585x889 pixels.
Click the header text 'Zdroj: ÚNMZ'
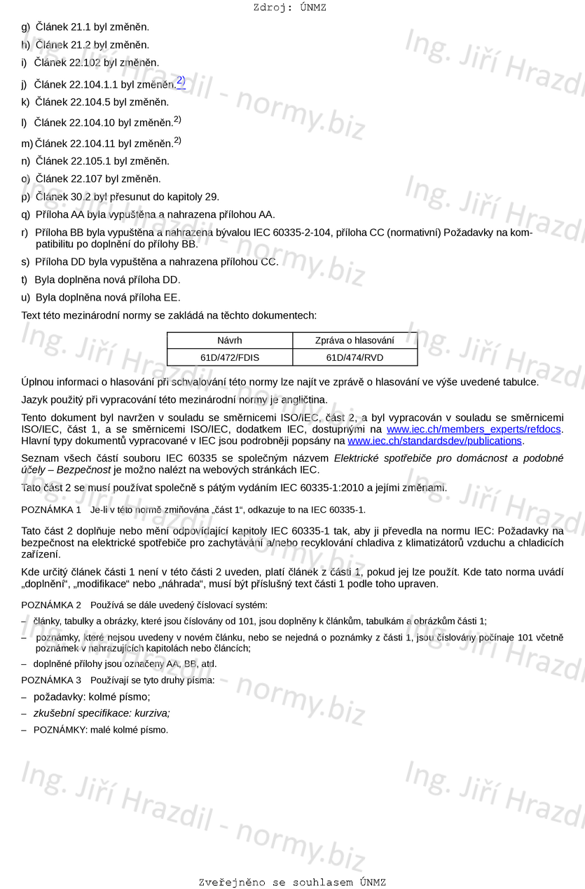coord(289,8)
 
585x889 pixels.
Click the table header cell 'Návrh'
coord(230,340)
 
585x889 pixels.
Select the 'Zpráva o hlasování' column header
coord(355,340)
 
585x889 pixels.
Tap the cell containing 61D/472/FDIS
coord(230,357)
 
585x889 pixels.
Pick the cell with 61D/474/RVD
coord(355,357)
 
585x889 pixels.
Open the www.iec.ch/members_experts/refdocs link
coord(474,429)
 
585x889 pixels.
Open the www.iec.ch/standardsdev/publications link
coord(434,441)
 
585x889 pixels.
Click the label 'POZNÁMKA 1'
coord(51,510)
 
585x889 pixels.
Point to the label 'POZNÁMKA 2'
coord(51,605)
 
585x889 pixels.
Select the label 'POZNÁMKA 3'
coord(51,680)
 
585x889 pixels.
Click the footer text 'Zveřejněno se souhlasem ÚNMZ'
coord(292,882)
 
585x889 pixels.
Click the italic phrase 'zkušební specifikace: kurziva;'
coord(102,713)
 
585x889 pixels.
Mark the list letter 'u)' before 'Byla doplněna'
coord(26,297)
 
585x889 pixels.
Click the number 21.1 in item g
coord(82,27)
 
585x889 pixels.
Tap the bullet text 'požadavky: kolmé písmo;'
coord(92,697)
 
